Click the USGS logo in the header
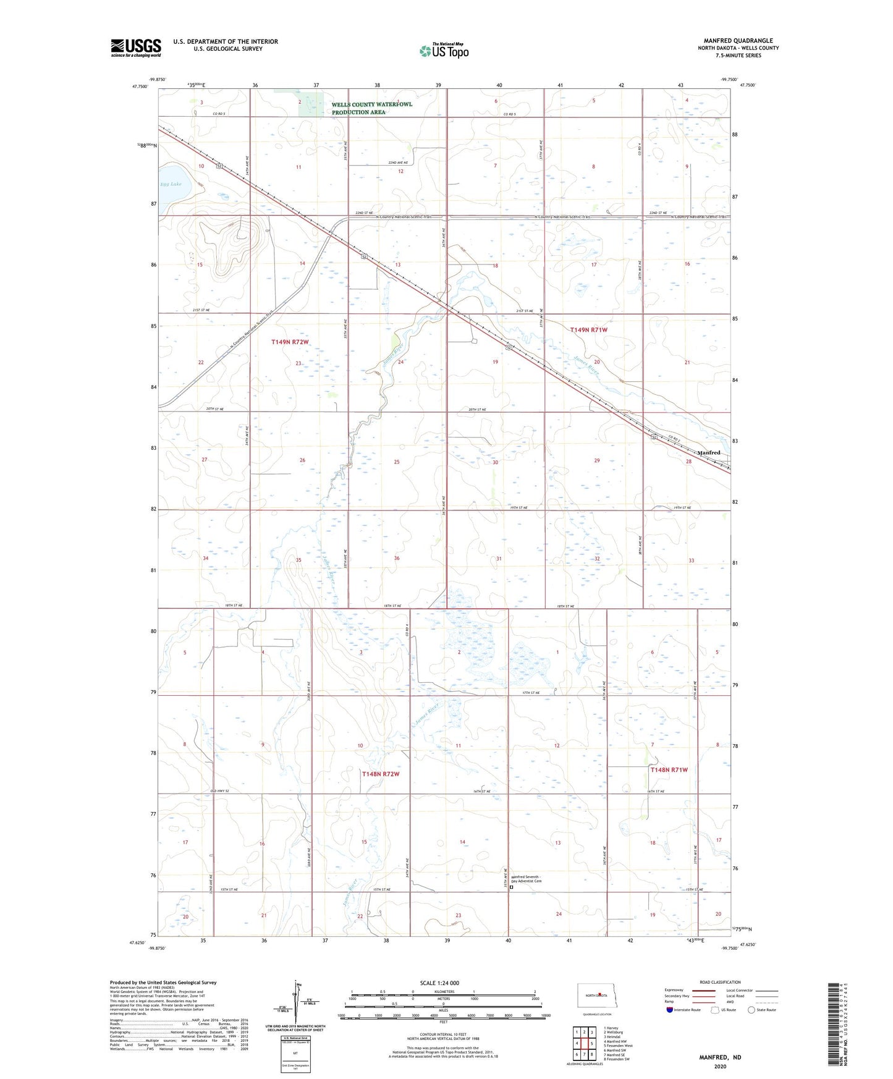tap(136, 48)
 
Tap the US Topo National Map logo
tap(444, 50)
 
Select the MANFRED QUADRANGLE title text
tap(738, 41)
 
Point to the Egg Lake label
tap(171, 184)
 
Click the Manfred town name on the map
tap(709, 452)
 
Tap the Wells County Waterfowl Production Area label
tap(371, 108)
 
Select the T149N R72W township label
tap(290, 342)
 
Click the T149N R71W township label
tap(588, 330)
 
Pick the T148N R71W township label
tap(669, 769)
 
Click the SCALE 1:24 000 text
tap(439, 983)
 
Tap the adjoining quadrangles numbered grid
tap(584, 1041)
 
